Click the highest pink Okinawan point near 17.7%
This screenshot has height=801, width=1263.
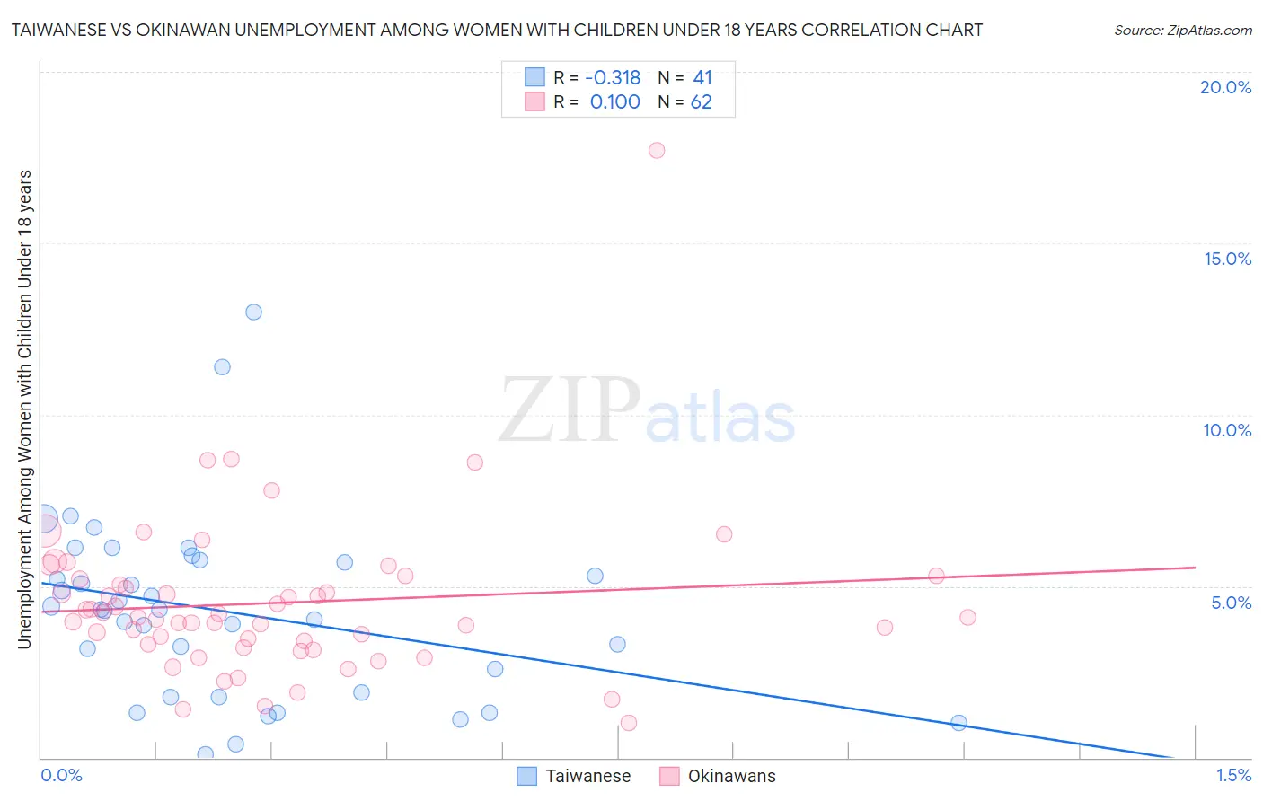tap(657, 150)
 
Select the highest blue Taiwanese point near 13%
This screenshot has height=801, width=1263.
tap(253, 312)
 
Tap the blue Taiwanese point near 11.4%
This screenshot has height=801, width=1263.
tap(222, 366)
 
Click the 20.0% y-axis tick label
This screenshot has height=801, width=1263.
tap(1225, 87)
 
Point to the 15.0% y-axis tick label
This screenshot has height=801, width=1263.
tap(1227, 259)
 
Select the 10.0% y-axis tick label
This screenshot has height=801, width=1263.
tap(1227, 430)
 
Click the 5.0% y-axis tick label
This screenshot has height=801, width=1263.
tap(1231, 603)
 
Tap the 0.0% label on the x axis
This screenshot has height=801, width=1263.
tap(61, 775)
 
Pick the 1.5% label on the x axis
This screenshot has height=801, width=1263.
tap(1233, 775)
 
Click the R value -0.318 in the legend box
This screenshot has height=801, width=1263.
tap(613, 78)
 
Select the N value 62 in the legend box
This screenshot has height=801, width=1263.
tap(701, 102)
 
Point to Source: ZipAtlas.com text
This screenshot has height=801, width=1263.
tap(1182, 30)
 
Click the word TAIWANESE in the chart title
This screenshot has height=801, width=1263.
tap(61, 30)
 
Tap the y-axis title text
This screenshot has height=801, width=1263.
tap(24, 409)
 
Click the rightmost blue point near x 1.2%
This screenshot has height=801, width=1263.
tap(958, 723)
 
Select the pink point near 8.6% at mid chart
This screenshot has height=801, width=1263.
tap(474, 462)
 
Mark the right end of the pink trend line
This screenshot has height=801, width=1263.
tap(1195, 568)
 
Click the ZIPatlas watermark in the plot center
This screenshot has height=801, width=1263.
tap(647, 411)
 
